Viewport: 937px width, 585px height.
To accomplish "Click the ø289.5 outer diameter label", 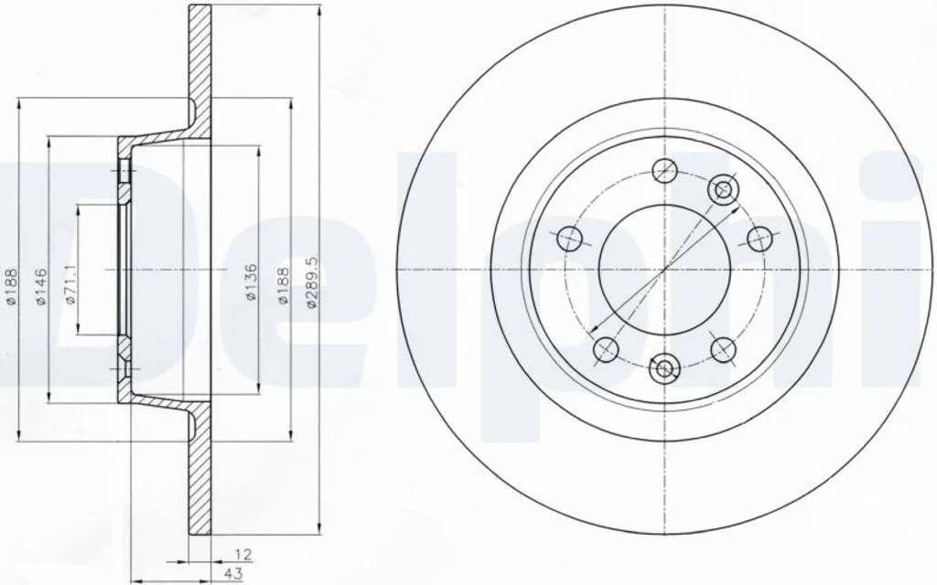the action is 312,282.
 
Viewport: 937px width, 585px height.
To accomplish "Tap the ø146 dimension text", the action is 39,286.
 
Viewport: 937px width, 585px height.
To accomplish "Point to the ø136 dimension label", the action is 251,282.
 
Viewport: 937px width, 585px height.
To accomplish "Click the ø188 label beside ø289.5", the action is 284,286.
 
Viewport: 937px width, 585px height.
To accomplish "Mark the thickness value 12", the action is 243,555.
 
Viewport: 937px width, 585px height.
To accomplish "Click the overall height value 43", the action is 233,574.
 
